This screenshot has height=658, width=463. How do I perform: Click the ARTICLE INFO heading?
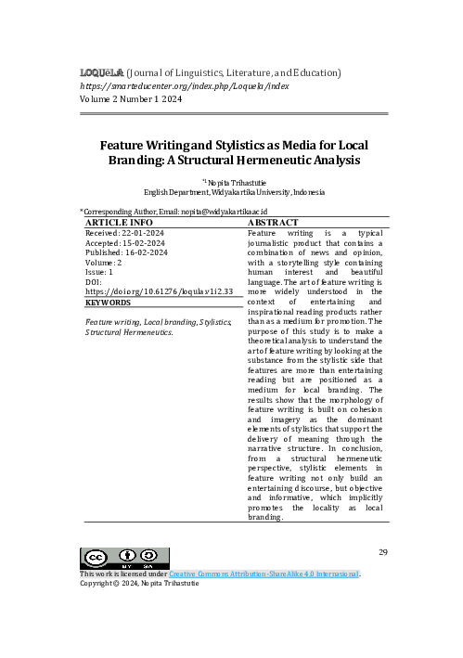(119, 224)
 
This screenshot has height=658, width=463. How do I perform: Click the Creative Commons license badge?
(108, 559)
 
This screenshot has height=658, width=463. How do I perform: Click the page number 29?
(383, 553)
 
